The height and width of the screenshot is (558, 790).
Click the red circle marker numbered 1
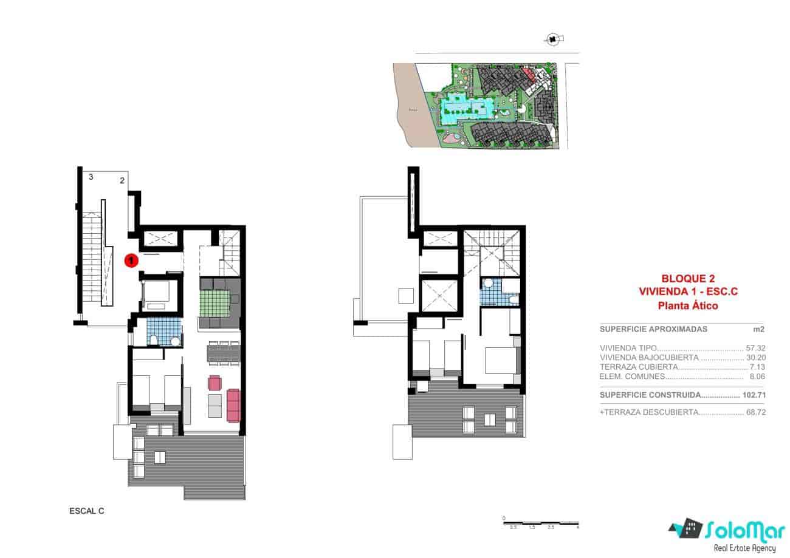click(131, 260)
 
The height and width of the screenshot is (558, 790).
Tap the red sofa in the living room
click(233, 405)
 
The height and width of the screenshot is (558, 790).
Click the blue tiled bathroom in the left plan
click(164, 332)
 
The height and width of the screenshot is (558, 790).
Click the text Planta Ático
click(688, 305)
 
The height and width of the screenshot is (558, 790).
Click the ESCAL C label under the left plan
click(87, 511)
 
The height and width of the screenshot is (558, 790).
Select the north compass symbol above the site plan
click(552, 39)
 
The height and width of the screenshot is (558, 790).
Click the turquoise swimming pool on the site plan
click(465, 109)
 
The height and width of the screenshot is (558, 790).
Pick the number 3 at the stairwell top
click(91, 177)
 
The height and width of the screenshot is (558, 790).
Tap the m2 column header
click(758, 329)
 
